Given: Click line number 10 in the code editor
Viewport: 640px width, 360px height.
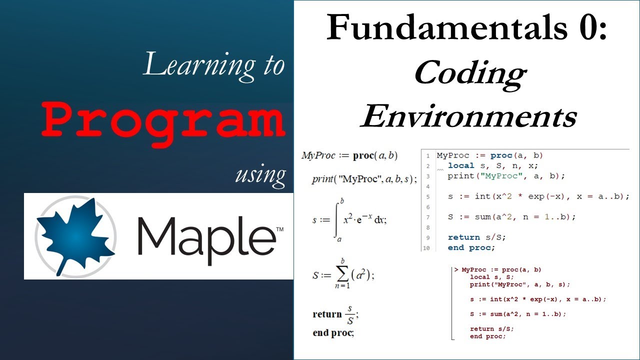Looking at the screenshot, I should click(426, 248).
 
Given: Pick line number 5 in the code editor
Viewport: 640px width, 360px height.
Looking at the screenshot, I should click(427, 196).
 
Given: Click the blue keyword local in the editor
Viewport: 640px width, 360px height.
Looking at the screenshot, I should click(460, 165).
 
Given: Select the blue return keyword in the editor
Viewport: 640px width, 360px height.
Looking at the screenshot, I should click(464, 237).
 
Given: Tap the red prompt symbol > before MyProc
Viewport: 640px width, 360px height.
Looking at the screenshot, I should click(456, 270).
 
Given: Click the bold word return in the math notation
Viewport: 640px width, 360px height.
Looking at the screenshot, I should click(327, 314).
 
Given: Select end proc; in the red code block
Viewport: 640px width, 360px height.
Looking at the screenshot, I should click(487, 336).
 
